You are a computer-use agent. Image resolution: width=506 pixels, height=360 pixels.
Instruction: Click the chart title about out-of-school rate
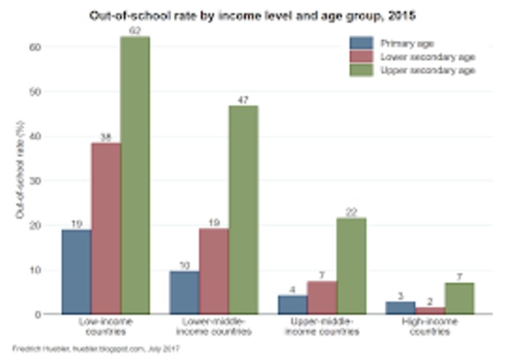pyautogui.click(x=253, y=14)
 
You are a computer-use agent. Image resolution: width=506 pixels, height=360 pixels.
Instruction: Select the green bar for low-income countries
pyautogui.click(x=135, y=175)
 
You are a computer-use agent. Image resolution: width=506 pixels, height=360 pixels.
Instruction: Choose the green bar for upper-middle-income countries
pyautogui.click(x=351, y=266)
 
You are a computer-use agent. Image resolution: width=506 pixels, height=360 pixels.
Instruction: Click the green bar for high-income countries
pyautogui.click(x=459, y=298)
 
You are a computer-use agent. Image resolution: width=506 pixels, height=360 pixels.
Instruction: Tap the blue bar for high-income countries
pyautogui.click(x=400, y=308)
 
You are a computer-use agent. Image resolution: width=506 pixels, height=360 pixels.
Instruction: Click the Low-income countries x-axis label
pyautogui.click(x=106, y=326)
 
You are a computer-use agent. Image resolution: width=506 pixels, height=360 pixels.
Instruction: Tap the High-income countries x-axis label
pyautogui.click(x=430, y=326)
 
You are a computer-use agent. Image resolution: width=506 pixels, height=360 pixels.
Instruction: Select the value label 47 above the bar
pyautogui.click(x=243, y=98)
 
